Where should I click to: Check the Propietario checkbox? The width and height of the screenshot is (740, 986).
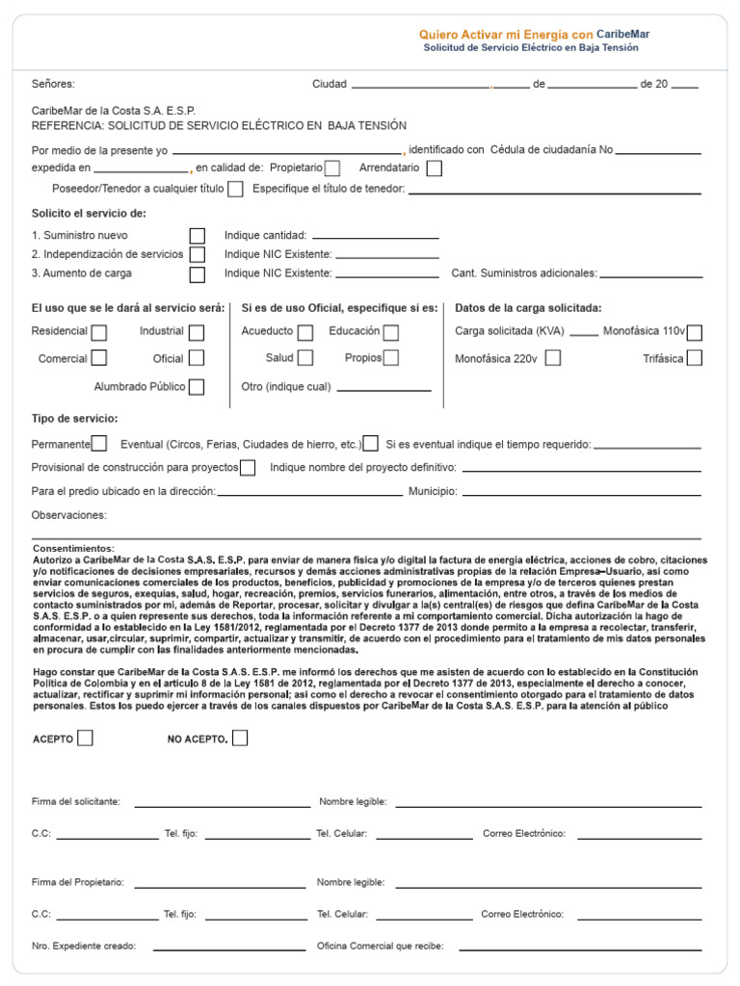332,169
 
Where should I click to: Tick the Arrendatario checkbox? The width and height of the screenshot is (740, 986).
434,169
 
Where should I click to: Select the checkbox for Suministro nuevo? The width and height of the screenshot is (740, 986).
198,236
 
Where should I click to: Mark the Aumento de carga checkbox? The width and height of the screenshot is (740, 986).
198,274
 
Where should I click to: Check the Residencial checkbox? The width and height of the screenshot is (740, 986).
98,332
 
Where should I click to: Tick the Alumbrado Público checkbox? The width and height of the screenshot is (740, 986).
197,387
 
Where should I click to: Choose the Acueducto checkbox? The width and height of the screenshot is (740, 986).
305,332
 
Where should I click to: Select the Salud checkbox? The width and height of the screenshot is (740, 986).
305,358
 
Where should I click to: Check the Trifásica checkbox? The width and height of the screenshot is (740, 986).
694,358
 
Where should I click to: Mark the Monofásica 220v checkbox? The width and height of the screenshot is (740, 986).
553,358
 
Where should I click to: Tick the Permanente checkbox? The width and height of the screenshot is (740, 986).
99,444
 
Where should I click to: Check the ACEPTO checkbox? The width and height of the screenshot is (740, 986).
86,739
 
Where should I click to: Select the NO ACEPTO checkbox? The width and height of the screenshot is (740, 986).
240,739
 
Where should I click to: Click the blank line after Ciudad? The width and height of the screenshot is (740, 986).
420,87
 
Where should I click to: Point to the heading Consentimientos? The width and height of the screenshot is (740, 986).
72,548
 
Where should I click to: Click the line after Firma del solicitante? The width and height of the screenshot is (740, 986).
222,805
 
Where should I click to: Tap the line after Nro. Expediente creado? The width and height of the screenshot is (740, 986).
229,949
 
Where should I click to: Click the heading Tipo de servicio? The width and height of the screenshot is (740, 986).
75,419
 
